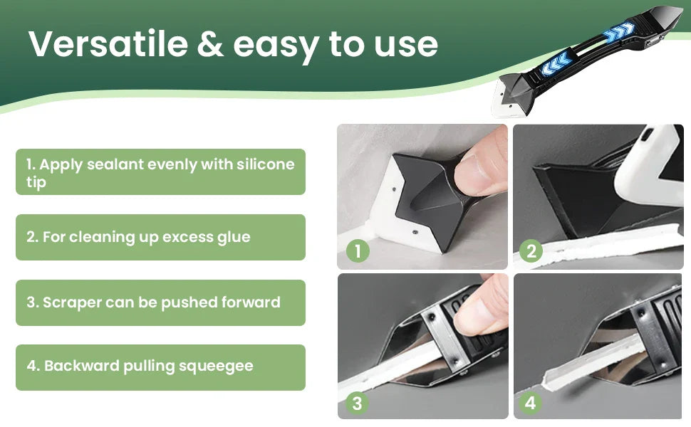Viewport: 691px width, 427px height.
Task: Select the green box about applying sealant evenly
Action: coord(160,172)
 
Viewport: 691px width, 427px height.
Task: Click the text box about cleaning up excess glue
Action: coord(160,237)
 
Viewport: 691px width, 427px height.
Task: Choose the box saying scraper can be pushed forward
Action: coord(160,302)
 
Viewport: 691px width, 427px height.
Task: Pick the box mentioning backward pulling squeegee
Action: coord(160,367)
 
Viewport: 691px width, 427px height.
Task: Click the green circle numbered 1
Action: coord(357,251)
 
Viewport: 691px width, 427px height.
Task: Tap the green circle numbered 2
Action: coord(531,251)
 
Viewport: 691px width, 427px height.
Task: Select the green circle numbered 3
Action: coord(357,404)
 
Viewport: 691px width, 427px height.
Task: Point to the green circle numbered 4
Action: coord(531,404)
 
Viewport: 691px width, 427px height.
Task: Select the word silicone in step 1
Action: coord(265,164)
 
